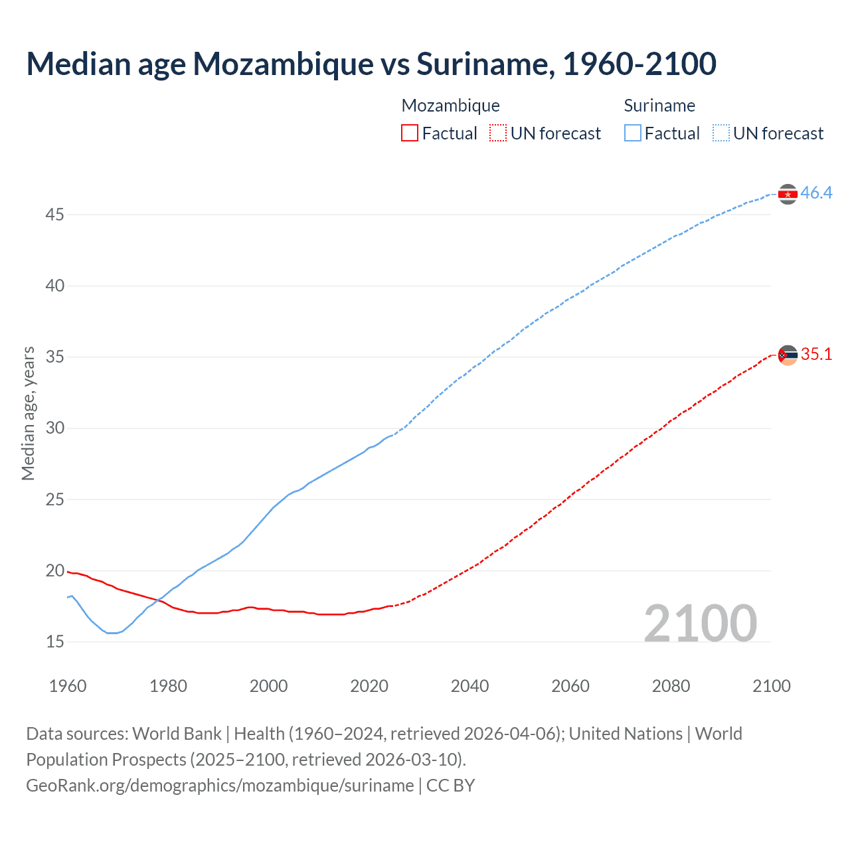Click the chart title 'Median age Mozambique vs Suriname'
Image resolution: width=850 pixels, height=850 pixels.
pyautogui.click(x=371, y=64)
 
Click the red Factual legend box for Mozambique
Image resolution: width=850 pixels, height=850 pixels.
pyautogui.click(x=410, y=133)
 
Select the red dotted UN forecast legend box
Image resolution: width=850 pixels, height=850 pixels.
pyautogui.click(x=498, y=133)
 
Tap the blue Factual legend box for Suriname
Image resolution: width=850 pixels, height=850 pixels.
pyautogui.click(x=632, y=133)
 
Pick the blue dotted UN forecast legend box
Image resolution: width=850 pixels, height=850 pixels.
pyautogui.click(x=721, y=133)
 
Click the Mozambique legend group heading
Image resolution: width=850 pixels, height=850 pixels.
pyautogui.click(x=450, y=106)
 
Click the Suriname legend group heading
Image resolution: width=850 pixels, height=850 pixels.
pyautogui.click(x=659, y=106)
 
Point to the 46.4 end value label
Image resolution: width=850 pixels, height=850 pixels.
pyautogui.click(x=816, y=193)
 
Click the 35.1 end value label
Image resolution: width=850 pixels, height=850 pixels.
pyautogui.click(x=816, y=355)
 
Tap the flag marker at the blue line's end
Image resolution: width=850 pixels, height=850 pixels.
pyautogui.click(x=788, y=194)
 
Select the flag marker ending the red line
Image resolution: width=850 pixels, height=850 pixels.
pyautogui.click(x=788, y=355)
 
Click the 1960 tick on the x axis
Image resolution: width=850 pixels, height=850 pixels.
pyautogui.click(x=68, y=686)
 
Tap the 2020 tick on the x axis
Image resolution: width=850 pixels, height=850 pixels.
pyautogui.click(x=369, y=686)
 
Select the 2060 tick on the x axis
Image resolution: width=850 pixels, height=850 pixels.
pyautogui.click(x=570, y=686)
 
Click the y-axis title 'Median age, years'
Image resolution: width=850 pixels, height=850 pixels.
pyautogui.click(x=28, y=413)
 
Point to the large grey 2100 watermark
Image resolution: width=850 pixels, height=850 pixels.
pyautogui.click(x=700, y=623)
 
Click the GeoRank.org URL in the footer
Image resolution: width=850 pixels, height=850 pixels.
pyautogui.click(x=220, y=786)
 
